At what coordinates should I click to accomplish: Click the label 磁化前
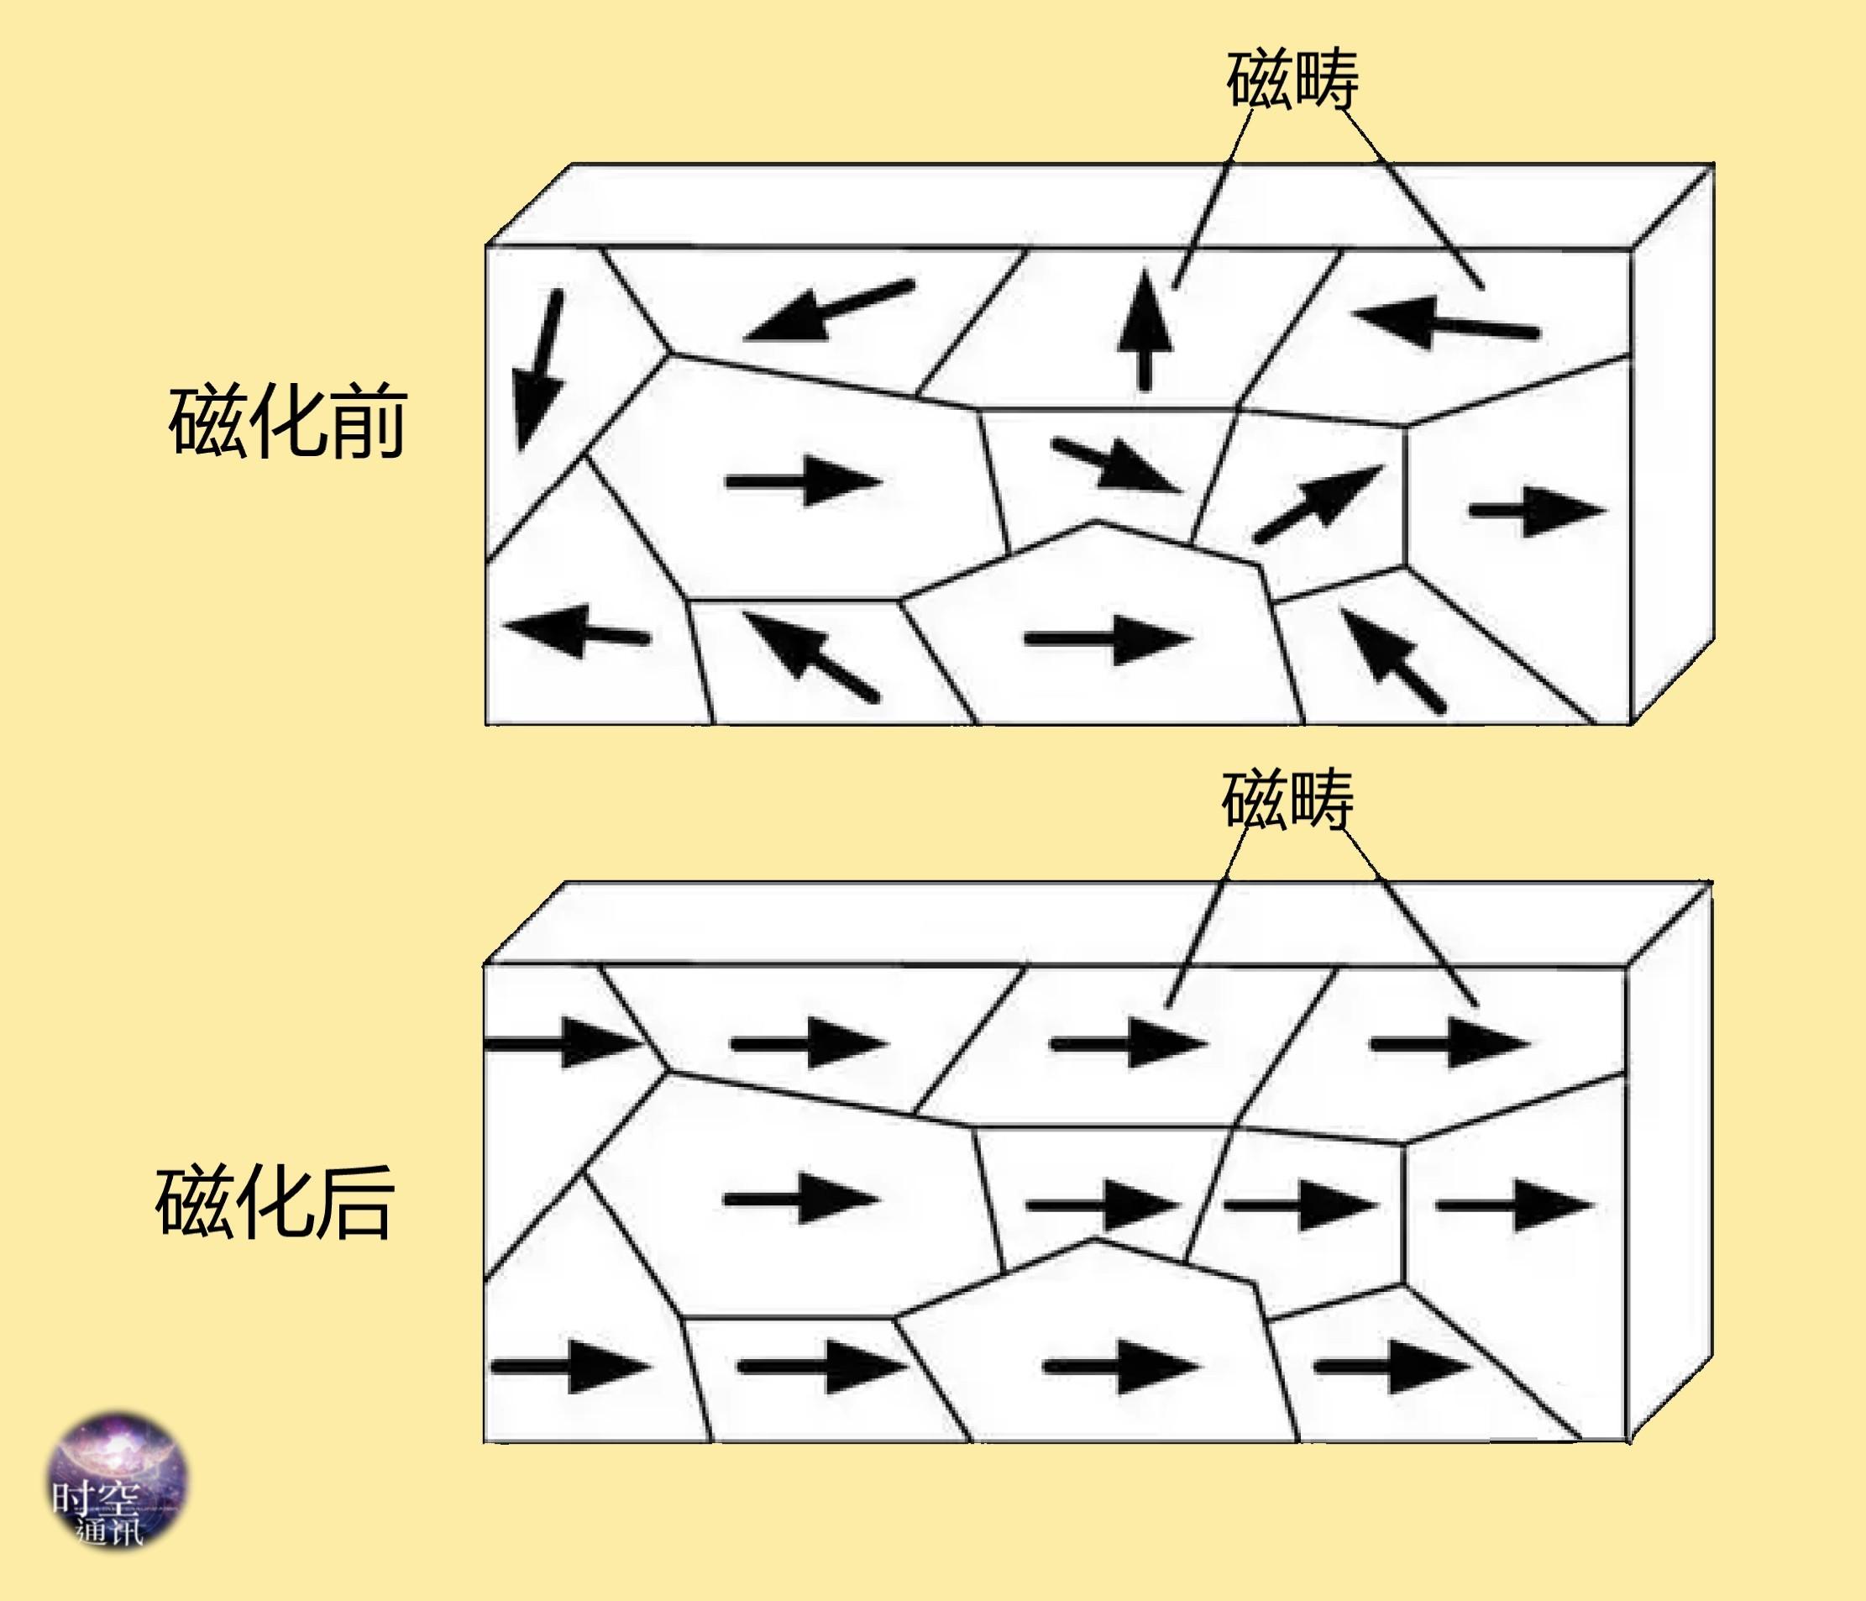287,422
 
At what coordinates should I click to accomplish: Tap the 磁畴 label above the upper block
1292,79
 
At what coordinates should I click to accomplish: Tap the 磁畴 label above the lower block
1288,799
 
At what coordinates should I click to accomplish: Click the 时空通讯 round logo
117,1480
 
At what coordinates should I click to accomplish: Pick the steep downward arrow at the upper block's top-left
538,370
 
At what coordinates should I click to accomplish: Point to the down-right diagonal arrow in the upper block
1118,465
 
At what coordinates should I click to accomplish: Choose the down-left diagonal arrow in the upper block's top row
829,312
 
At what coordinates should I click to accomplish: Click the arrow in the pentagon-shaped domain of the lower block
1122,1366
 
